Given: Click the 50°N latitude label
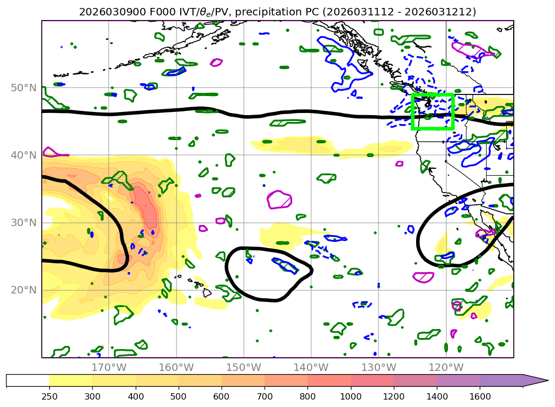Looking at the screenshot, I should point(23,88).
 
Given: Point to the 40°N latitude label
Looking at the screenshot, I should point(23,155).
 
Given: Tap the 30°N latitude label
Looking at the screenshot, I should point(23,222).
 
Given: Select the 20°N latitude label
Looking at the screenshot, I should point(23,290).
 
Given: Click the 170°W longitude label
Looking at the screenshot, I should point(108,367).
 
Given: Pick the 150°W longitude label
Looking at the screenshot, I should point(243,367).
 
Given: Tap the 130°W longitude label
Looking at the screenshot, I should point(378,367).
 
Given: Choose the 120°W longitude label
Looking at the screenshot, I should point(446,367).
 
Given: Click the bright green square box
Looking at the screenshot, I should point(433,111).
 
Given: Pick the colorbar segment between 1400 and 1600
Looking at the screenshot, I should point(458,380).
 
